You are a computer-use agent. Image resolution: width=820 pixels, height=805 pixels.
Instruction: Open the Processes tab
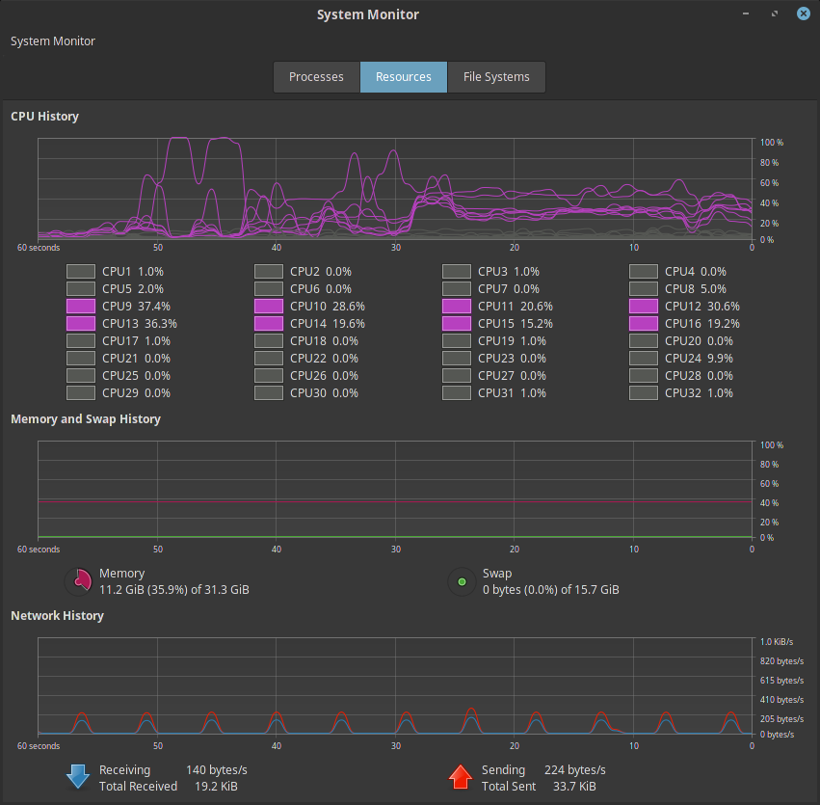pos(316,77)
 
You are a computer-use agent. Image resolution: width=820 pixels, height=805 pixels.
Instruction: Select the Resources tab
pos(403,77)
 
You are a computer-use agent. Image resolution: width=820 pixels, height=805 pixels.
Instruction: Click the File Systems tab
pos(496,77)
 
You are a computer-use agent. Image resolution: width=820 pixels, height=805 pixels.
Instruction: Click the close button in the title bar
pos(803,14)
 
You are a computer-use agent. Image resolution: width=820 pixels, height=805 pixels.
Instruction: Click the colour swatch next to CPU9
pos(81,307)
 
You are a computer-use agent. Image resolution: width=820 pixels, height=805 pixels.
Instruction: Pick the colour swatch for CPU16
pos(644,324)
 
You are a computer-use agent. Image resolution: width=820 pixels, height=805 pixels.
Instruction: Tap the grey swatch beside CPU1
pos(81,272)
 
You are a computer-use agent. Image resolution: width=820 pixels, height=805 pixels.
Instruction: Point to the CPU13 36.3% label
pos(140,324)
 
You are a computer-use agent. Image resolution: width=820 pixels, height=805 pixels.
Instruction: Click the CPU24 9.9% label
pos(702,359)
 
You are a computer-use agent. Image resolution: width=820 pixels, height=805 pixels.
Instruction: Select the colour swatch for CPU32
pos(644,393)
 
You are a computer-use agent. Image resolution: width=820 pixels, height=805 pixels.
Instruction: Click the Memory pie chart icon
pos(77,581)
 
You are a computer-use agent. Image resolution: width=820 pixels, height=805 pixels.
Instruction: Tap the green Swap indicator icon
pos(462,581)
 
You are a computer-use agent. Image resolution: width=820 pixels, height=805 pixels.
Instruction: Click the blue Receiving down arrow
pos(77,777)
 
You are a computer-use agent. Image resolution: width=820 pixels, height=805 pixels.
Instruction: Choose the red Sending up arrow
pos(461,777)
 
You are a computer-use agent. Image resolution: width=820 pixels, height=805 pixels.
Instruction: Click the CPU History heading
pos(45,117)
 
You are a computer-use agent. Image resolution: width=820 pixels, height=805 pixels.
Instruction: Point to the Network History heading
pos(57,615)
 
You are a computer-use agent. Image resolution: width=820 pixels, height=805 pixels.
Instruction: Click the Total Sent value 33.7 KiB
pos(573,787)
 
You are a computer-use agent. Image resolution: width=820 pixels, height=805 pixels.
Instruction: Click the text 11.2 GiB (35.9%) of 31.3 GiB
pos(174,590)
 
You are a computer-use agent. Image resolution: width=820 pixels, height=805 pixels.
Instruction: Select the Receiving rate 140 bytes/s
pos(217,769)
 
